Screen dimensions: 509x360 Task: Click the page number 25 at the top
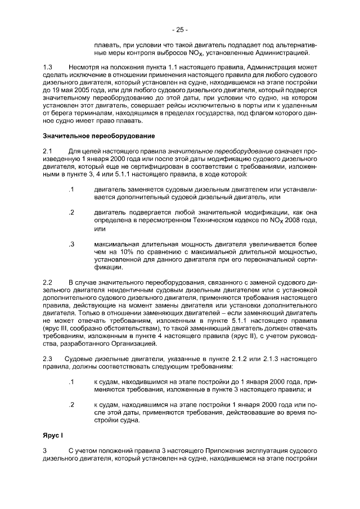point(179,30)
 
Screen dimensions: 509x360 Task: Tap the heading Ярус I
point(55,436)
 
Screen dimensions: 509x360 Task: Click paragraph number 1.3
point(48,67)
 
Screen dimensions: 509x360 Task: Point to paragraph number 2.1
point(48,151)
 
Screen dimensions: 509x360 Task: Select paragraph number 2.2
point(48,281)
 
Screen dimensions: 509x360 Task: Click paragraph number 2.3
point(48,359)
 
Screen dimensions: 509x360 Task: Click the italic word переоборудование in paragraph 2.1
point(245,151)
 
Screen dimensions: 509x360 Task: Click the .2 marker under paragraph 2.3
point(71,404)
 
